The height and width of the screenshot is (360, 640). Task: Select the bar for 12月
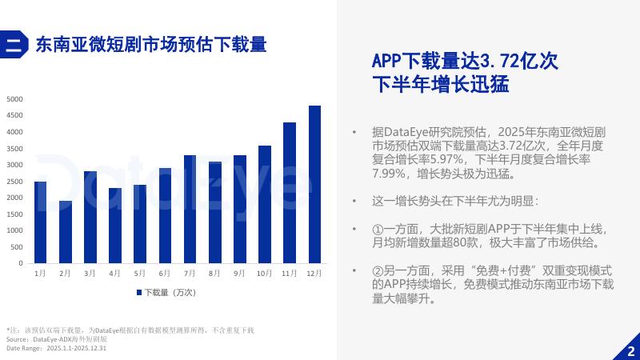click(314, 185)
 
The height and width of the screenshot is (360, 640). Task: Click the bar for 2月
click(66, 232)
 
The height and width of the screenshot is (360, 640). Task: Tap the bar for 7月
click(190, 209)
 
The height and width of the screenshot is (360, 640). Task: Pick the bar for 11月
click(290, 193)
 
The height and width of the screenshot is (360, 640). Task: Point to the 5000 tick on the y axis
click(14, 99)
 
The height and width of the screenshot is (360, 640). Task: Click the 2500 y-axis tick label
click(14, 182)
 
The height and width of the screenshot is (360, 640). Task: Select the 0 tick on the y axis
click(21, 263)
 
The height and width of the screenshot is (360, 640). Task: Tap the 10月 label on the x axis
click(264, 273)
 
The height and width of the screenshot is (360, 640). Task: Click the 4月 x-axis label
click(114, 273)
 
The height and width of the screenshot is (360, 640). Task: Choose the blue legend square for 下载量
click(139, 293)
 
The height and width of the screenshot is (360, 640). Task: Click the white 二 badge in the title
click(14, 45)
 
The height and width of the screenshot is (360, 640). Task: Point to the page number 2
click(631, 351)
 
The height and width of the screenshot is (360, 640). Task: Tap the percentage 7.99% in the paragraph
click(388, 174)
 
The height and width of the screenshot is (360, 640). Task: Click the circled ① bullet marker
click(378, 229)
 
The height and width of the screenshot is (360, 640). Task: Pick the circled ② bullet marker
click(378, 270)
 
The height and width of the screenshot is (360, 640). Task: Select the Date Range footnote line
click(56, 348)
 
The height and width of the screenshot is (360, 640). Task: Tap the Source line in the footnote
click(57, 339)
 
